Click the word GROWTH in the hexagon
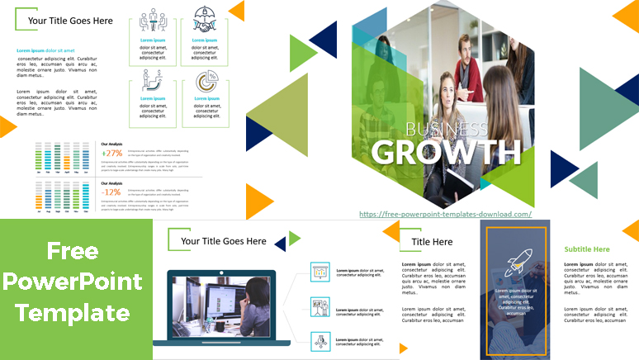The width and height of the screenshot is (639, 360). (446, 152)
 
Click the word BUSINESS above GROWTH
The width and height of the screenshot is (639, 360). (447, 129)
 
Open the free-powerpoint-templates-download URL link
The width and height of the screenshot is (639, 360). (445, 214)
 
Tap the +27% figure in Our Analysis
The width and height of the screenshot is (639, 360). (111, 153)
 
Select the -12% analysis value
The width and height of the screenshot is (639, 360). (111, 192)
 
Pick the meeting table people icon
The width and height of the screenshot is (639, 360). (152, 21)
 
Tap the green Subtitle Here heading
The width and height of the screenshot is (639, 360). (587, 249)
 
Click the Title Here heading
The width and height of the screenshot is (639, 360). (432, 242)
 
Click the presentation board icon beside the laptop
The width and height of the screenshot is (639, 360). (320, 271)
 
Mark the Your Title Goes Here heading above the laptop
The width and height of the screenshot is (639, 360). (223, 241)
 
